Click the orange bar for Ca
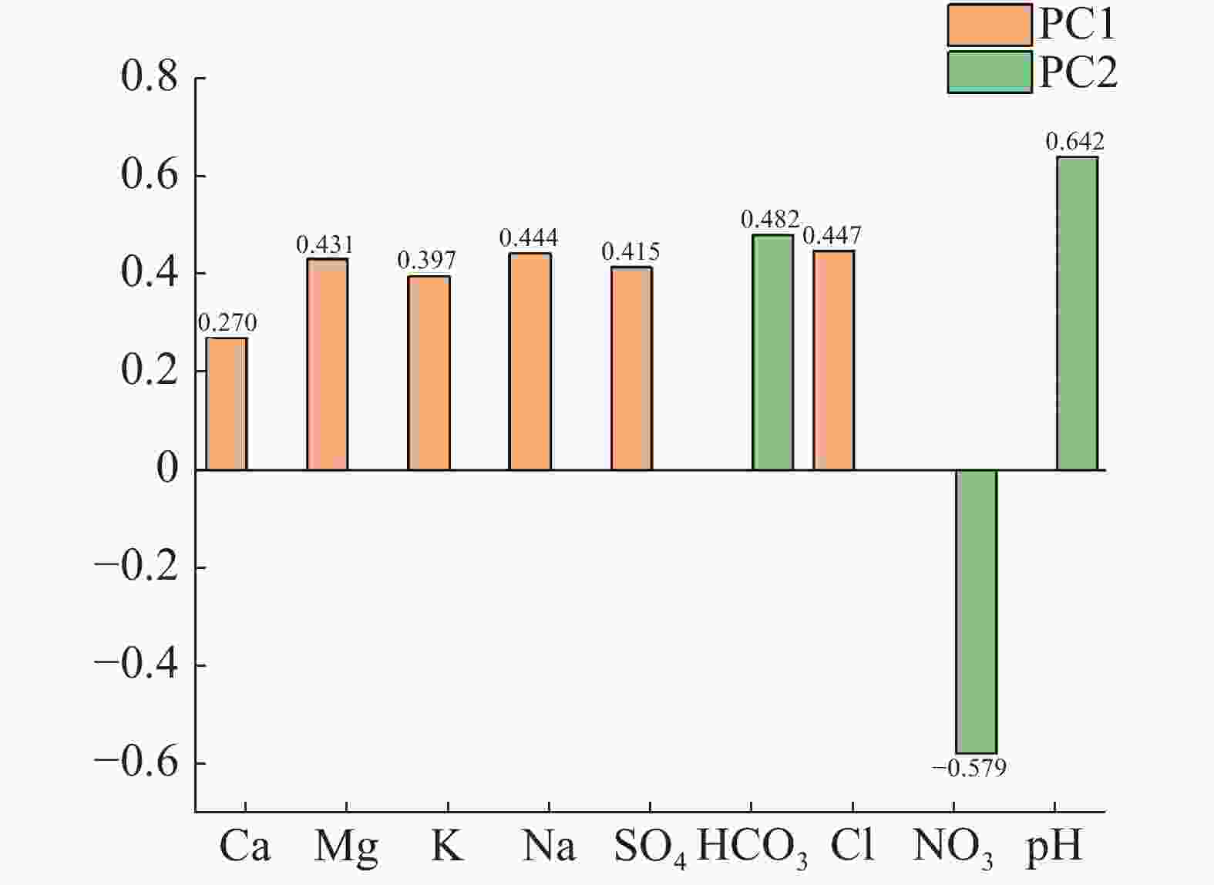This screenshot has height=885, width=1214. point(227,403)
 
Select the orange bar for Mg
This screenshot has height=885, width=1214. point(327,364)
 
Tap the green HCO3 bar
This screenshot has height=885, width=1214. point(772,352)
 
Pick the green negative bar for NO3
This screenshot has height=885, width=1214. point(976,611)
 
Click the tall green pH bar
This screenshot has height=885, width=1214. point(1077,313)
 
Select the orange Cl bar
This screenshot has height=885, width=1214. point(833,360)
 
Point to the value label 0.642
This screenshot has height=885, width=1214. point(1074,142)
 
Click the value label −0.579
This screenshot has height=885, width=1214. point(969,768)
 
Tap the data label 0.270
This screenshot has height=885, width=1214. point(227,322)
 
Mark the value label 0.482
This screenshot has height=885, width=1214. point(769,220)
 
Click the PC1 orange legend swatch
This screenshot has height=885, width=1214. point(989,25)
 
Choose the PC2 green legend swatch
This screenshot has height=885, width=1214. point(989,72)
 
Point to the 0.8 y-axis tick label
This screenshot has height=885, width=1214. point(149,77)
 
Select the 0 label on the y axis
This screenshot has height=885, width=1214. point(166,468)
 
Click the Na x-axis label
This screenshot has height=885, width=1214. point(549,846)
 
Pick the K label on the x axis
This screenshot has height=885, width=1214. point(448,846)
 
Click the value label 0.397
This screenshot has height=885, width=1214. point(426,260)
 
